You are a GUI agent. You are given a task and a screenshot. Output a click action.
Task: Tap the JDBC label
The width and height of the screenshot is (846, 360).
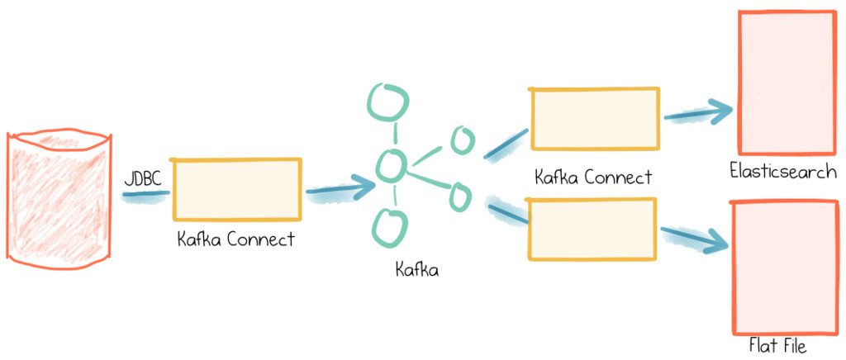[x=142, y=178]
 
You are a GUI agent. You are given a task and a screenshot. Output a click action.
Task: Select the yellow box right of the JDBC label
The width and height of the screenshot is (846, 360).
[x=237, y=190]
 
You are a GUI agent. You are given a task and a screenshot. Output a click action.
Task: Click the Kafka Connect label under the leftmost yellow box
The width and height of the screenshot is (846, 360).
[x=235, y=239]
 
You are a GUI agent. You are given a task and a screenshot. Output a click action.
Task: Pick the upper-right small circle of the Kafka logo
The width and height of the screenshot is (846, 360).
[x=461, y=140]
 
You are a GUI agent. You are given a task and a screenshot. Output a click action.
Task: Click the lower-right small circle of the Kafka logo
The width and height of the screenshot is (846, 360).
[x=459, y=196]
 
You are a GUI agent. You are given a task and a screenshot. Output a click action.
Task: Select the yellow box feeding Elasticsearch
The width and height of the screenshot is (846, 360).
[x=594, y=120]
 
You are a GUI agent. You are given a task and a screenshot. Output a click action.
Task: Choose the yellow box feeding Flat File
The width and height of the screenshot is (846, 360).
[x=592, y=229]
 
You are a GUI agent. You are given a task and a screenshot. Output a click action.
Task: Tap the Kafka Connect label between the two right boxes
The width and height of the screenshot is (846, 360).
[x=593, y=177]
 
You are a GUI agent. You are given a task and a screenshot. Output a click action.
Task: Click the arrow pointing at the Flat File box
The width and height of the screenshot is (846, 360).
[x=694, y=238]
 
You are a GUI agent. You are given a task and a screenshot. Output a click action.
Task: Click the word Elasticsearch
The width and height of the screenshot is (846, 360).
[x=782, y=173]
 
